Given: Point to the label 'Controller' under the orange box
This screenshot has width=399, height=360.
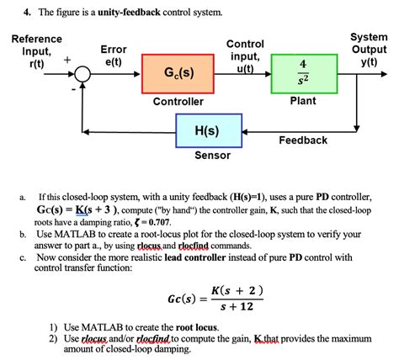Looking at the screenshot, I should [x=178, y=102].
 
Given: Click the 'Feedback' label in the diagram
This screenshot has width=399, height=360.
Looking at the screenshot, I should [x=302, y=140].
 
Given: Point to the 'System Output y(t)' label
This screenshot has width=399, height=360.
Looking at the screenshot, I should [x=369, y=50].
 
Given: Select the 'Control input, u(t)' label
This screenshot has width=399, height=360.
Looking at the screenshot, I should [x=245, y=56].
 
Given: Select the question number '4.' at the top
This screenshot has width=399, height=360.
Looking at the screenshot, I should [x=28, y=14].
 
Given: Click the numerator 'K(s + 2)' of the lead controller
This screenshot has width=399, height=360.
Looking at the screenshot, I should [x=237, y=290].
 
